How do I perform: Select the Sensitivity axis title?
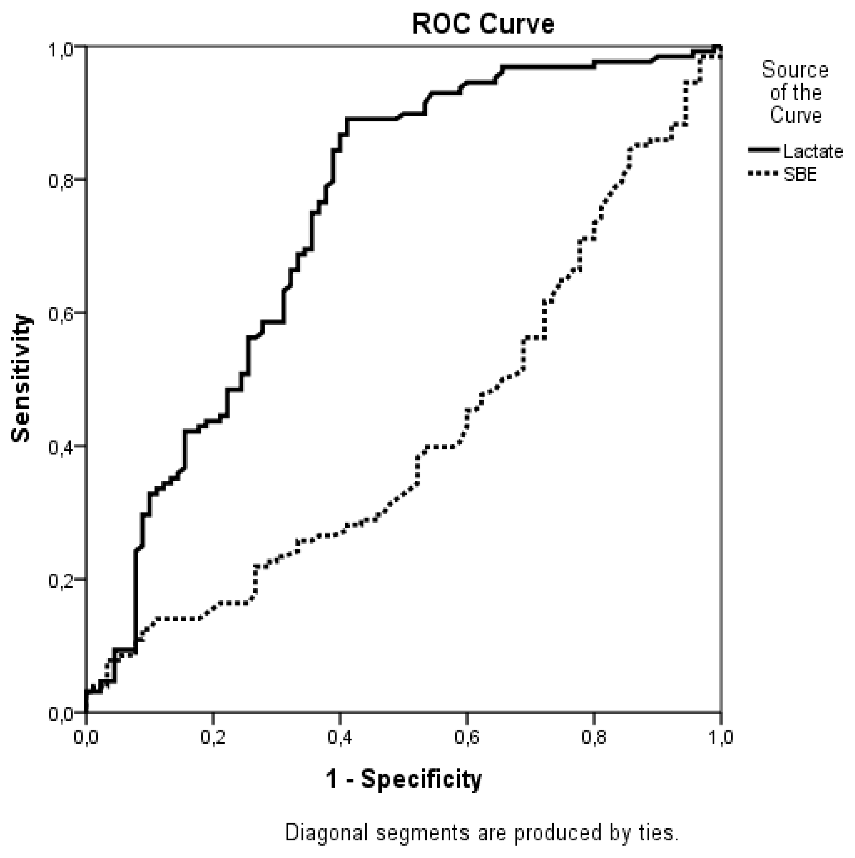20,379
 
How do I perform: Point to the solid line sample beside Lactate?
763,150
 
